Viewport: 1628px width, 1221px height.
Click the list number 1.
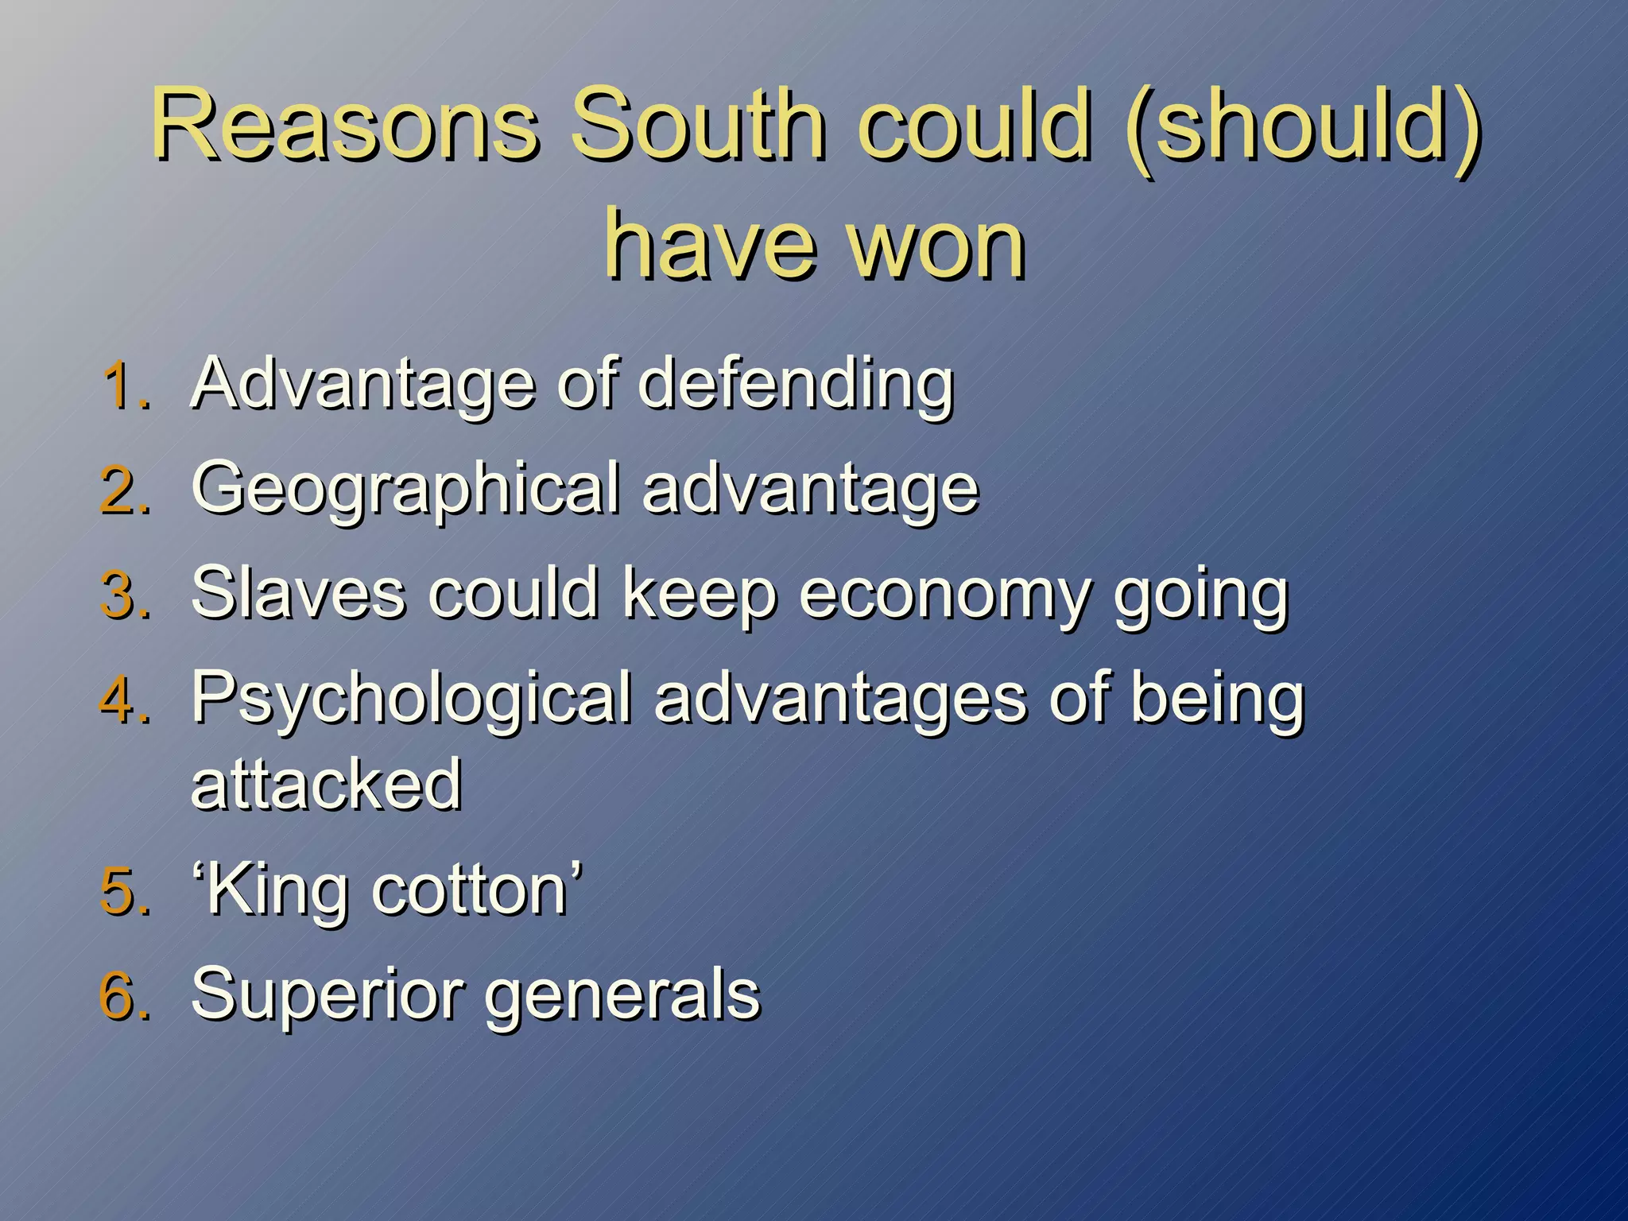click(x=125, y=386)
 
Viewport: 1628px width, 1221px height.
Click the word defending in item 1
click(x=795, y=386)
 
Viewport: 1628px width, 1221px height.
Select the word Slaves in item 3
click(x=299, y=595)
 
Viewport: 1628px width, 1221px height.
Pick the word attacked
click(x=326, y=785)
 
